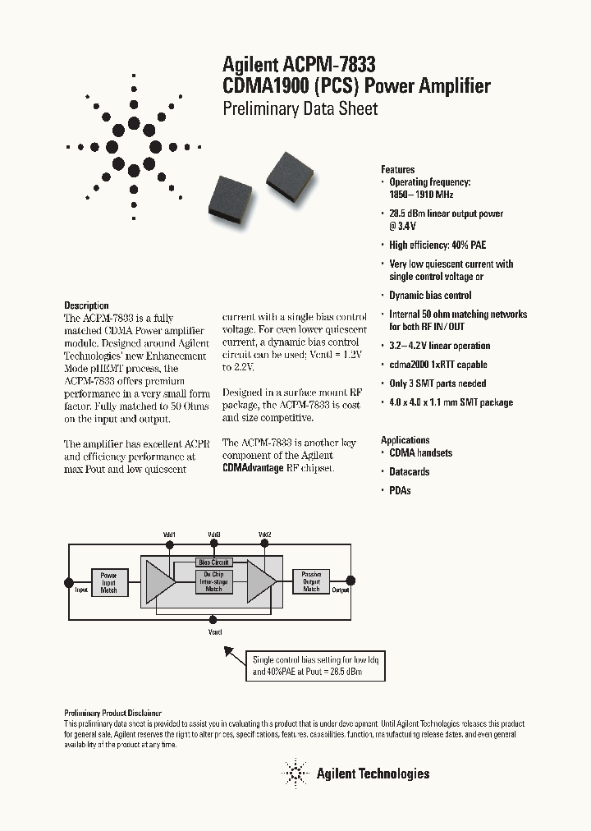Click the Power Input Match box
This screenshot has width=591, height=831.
(108, 582)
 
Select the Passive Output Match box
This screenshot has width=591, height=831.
(311, 581)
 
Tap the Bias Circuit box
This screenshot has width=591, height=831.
(213, 562)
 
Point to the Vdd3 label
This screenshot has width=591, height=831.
(213, 535)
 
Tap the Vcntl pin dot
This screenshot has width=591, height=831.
(213, 622)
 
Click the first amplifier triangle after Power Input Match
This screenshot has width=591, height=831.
(159, 583)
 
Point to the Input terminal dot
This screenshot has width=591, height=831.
(69, 582)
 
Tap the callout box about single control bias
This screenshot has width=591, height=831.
(316, 666)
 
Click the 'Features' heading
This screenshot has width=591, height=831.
(398, 170)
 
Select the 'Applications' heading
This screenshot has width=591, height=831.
(405, 440)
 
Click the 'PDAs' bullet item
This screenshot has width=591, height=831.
(400, 490)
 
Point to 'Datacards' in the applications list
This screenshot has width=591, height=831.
(409, 471)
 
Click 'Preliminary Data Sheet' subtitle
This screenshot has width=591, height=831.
(300, 109)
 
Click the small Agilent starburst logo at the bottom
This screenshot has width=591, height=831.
(294, 773)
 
